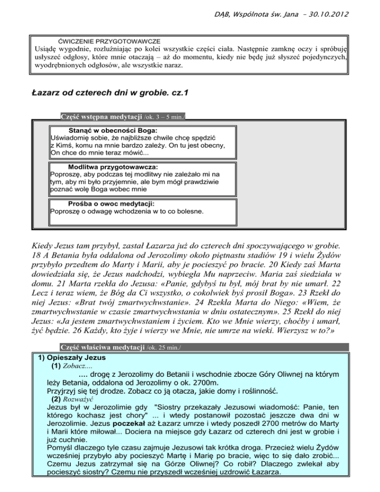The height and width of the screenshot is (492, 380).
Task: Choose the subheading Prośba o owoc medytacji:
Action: tap(111, 203)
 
